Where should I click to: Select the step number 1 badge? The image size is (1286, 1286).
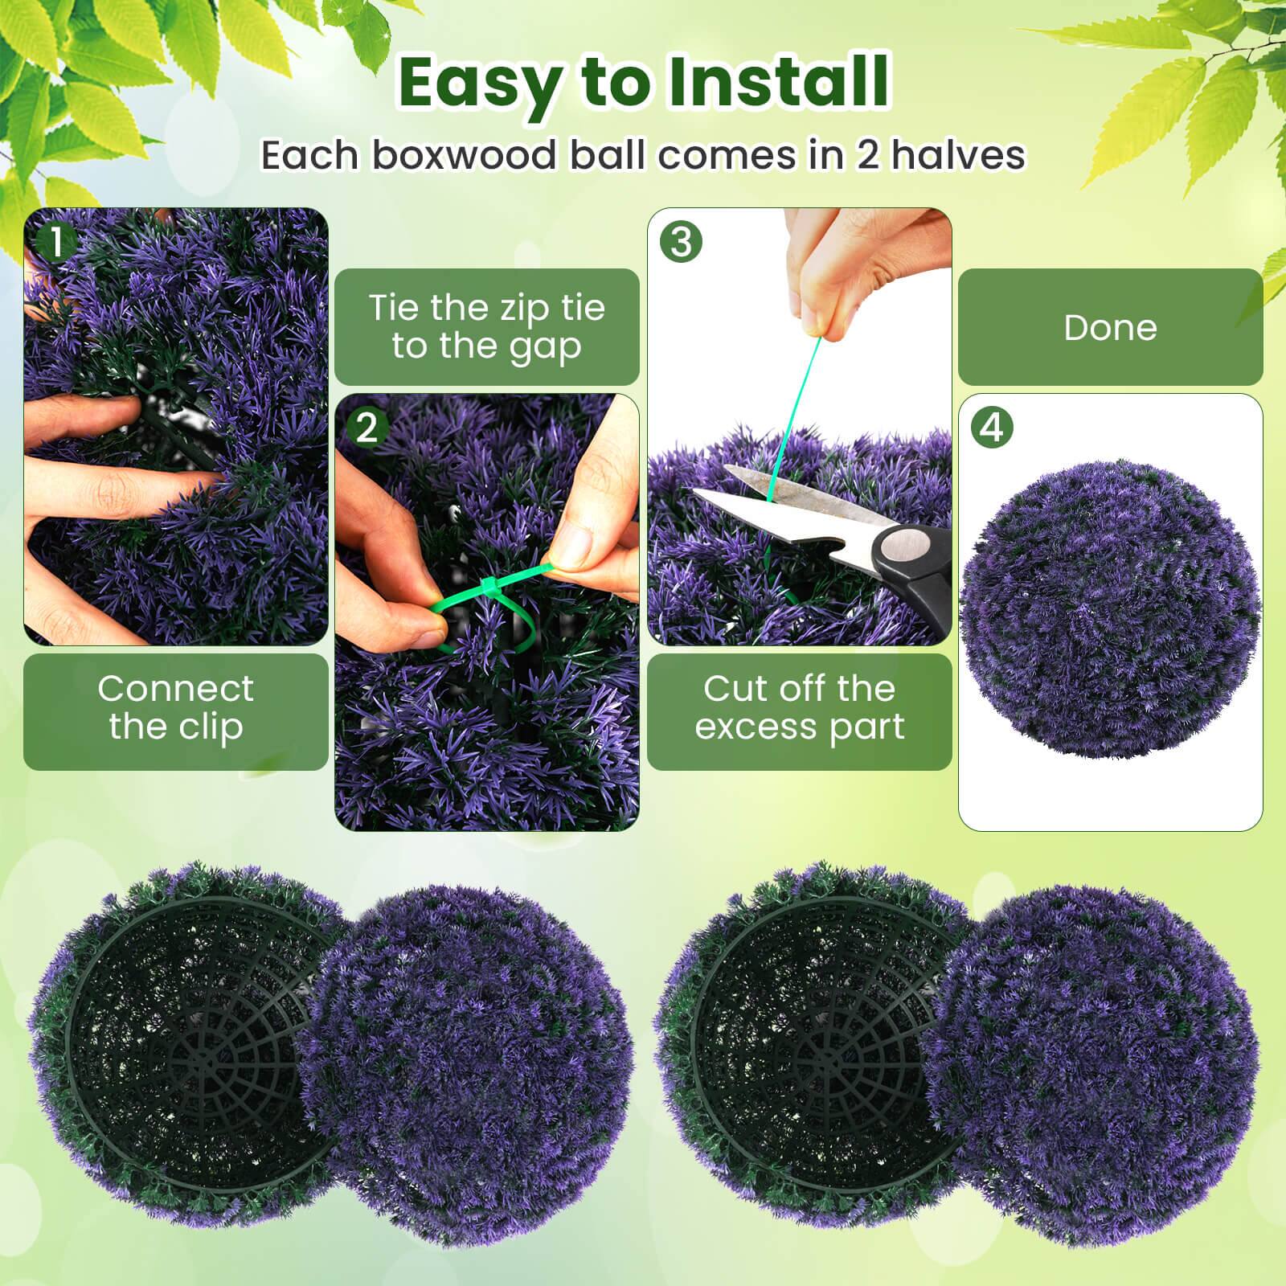[55, 242]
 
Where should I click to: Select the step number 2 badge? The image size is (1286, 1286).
[367, 428]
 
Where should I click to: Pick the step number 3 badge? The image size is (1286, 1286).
[680, 242]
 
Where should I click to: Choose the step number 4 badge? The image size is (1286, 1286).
[992, 428]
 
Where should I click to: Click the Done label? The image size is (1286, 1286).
[1110, 328]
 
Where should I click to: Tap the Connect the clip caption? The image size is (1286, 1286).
[175, 708]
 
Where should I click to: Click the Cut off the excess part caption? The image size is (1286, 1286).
[799, 708]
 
